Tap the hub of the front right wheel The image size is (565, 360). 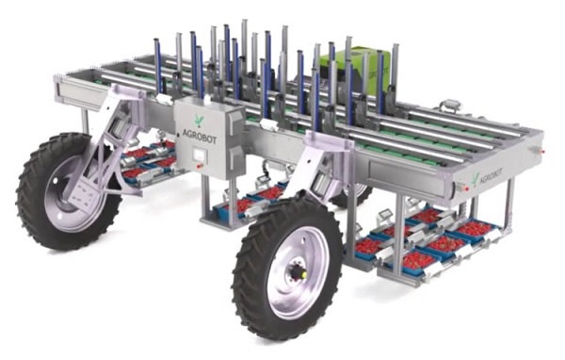click(x=299, y=270)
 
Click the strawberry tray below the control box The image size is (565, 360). click(x=250, y=201)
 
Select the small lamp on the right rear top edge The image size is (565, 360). click(x=450, y=104)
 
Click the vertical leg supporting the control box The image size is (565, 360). click(x=205, y=203)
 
